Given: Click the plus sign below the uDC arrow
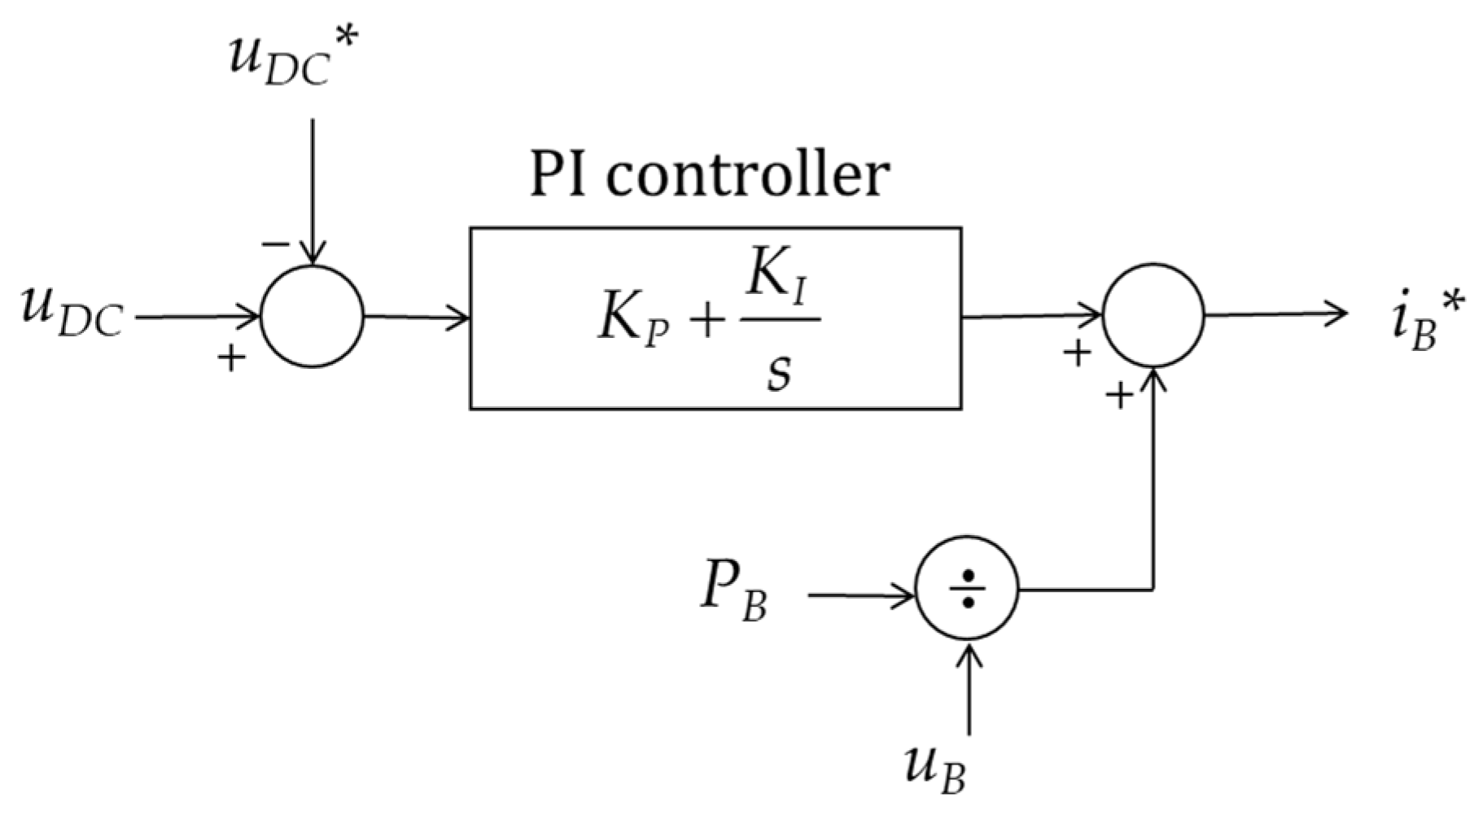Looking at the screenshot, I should pyautogui.click(x=232, y=358).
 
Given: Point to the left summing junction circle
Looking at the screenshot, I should pyautogui.click(x=313, y=316).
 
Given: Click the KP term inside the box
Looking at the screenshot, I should pyautogui.click(x=633, y=320).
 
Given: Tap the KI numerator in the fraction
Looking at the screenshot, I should pyautogui.click(x=777, y=279).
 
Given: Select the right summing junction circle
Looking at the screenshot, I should pyautogui.click(x=1153, y=314).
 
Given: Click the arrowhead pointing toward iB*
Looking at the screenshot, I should pyautogui.click(x=1338, y=314).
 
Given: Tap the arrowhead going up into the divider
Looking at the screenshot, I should pyautogui.click(x=968, y=651).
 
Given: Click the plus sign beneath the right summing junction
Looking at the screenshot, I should pyautogui.click(x=1120, y=396).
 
